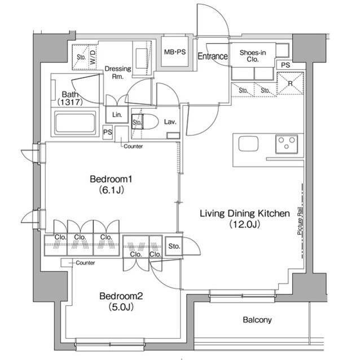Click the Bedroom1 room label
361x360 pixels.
111,184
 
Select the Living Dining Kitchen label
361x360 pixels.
244,219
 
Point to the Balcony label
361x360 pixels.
257,320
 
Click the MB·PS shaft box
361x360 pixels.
174,52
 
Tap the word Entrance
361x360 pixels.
213,56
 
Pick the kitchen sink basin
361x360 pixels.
248,144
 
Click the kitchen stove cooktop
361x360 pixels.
288,144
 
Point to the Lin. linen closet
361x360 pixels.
117,114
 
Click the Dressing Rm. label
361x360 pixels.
117,73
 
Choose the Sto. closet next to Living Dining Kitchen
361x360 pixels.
174,246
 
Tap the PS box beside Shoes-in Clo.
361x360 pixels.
285,65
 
